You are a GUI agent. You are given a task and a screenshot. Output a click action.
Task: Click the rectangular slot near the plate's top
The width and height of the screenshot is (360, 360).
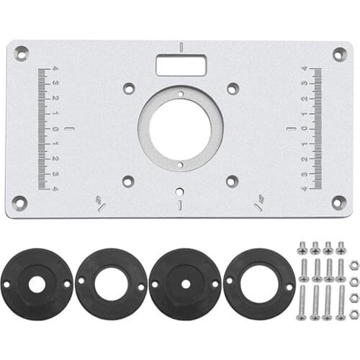point(181,66)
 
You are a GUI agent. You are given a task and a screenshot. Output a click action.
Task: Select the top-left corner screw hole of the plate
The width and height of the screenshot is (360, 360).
point(22,53)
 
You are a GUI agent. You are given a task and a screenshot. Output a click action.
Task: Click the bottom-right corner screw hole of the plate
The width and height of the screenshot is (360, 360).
point(338,202)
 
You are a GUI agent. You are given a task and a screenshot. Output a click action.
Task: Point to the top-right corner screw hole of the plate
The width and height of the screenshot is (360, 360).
point(339,54)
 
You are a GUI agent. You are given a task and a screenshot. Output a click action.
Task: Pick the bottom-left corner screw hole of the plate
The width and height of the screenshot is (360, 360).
point(20,203)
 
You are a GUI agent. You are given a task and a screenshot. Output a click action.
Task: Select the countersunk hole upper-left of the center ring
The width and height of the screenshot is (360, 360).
point(129,89)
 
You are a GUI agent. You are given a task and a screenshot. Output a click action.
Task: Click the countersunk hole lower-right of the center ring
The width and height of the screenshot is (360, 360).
point(232,181)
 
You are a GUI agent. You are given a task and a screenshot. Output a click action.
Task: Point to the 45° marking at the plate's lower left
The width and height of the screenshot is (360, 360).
point(99,202)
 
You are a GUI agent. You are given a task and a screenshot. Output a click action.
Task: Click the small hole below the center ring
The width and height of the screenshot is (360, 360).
point(179,192)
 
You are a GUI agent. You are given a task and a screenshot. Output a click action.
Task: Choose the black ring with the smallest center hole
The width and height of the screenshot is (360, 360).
point(185,284)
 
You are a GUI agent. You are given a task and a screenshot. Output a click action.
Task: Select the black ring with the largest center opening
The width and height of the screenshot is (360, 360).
point(259,284)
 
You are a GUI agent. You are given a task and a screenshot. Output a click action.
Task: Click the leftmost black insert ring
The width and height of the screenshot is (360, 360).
point(37,284)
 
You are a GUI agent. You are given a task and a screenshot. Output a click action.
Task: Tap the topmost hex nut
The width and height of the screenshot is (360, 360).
point(354,265)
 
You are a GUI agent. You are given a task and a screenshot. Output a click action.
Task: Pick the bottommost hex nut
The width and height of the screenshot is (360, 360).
point(354,314)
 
